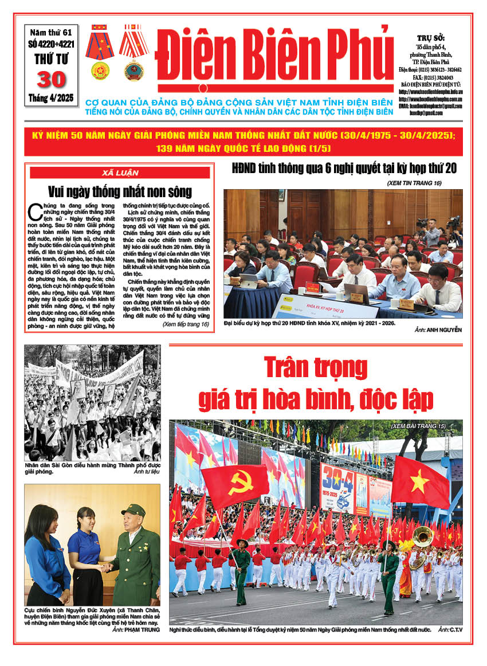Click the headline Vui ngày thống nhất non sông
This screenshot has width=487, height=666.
pyautogui.click(x=120, y=191)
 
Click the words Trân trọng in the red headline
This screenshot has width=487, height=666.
pyautogui.click(x=316, y=367)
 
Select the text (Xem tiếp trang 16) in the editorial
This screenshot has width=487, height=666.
pyautogui.click(x=185, y=324)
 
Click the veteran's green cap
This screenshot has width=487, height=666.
pyautogui.click(x=133, y=510)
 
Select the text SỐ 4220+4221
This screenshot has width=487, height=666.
pyautogui.click(x=50, y=43)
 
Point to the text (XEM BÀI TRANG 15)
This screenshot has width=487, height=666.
pyautogui.click(x=426, y=427)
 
